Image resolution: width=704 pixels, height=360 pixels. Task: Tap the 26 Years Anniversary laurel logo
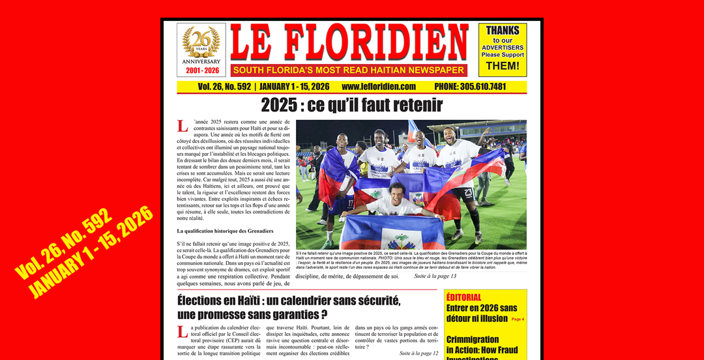click(x=201, y=43)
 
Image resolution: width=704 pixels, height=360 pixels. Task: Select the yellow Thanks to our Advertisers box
click(x=503, y=50)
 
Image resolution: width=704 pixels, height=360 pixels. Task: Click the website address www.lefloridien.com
click(x=379, y=87)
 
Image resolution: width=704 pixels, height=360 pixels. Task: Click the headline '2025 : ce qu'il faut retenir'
click(x=351, y=105)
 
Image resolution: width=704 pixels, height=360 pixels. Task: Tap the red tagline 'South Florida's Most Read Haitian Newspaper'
click(x=349, y=70)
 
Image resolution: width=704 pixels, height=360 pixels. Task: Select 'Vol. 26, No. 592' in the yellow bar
click(x=226, y=87)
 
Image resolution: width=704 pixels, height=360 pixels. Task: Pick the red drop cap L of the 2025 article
click(x=183, y=127)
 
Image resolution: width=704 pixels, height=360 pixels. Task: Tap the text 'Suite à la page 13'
click(x=435, y=277)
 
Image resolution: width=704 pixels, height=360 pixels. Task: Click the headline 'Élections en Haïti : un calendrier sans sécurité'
click(x=289, y=301)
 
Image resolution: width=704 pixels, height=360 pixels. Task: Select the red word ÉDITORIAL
click(x=464, y=297)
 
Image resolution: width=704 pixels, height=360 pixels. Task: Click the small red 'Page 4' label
click(x=518, y=320)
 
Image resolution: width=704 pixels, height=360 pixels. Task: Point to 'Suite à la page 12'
click(x=418, y=353)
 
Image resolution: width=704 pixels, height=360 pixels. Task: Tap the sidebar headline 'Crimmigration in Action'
click(x=482, y=345)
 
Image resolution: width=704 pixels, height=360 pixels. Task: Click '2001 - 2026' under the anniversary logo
click(x=201, y=70)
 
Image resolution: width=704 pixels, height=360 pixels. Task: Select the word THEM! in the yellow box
click(x=503, y=66)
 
